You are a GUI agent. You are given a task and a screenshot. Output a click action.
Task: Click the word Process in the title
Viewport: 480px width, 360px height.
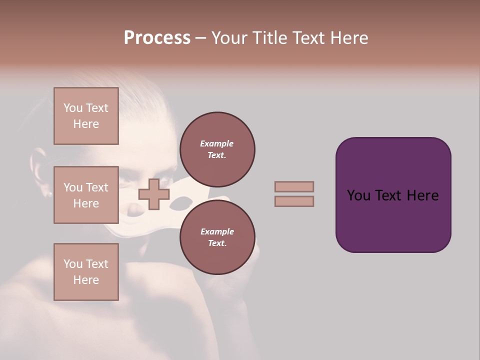pyautogui.click(x=157, y=38)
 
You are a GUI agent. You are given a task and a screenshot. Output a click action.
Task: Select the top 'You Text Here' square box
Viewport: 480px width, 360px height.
pyautogui.click(x=86, y=116)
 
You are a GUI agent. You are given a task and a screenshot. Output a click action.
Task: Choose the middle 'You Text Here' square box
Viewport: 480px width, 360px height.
pyautogui.click(x=86, y=195)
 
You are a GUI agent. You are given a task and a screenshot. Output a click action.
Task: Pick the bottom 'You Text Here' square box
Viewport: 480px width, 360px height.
pyautogui.click(x=86, y=272)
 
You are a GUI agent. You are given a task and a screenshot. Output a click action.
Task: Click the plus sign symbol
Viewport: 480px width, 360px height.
pyautogui.click(x=154, y=194)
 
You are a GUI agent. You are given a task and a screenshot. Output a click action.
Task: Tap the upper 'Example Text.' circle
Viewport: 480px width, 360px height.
pyautogui.click(x=217, y=149)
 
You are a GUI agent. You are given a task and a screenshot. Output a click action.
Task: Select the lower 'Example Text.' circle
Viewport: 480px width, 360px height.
pyautogui.click(x=217, y=237)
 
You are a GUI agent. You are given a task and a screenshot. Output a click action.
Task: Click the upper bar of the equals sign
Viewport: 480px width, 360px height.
pyautogui.click(x=294, y=186)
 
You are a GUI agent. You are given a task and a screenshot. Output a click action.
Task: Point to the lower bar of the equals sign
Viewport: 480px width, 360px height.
pyautogui.click(x=294, y=201)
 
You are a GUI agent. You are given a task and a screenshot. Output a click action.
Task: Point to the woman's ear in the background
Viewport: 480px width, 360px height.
pyautogui.click(x=39, y=170)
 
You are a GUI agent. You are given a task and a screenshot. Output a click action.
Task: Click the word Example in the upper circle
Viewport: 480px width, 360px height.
pyautogui.click(x=217, y=143)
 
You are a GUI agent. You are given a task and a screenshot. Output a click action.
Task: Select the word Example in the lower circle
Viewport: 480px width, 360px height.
pyautogui.click(x=217, y=231)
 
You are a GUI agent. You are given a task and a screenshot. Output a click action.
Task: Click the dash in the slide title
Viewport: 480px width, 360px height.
pyautogui.click(x=200, y=38)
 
